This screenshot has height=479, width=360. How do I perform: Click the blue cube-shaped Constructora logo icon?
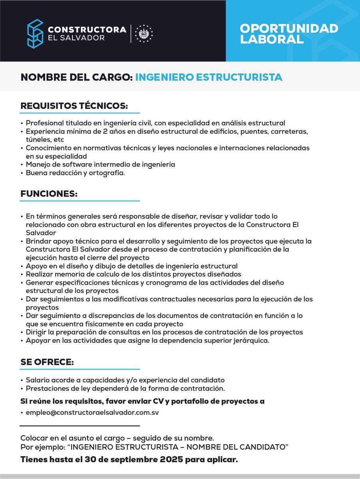coord(35,34)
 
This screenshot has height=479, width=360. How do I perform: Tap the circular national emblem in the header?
coord(144,34)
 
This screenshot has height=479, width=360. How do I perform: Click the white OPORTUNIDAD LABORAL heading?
coord(289,34)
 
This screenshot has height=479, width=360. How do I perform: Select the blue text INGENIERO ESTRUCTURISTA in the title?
coord(209,77)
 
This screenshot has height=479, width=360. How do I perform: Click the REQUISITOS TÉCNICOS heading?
coord(74,106)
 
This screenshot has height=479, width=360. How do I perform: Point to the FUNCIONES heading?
coord(49,194)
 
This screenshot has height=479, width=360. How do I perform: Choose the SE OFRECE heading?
coord(47,362)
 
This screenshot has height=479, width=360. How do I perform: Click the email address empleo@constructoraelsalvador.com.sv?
coord(92,412)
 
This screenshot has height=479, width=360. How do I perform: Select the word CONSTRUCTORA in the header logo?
coord(87,30)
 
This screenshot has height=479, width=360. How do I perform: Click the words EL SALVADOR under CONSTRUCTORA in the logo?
coord(76,38)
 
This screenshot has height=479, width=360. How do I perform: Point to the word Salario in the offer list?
coord(38,380)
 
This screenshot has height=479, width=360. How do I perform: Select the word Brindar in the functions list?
coord(38,241)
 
